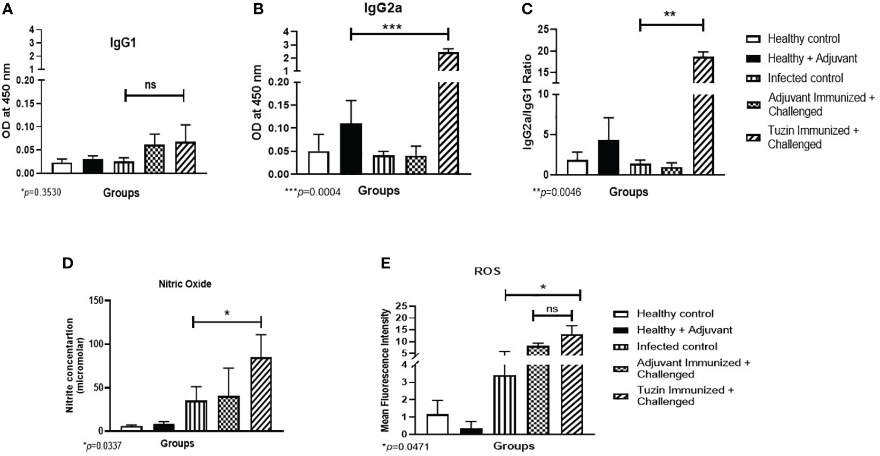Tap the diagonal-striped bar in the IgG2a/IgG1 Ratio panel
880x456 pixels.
coord(704,118)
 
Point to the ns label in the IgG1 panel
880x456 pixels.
coord(151,84)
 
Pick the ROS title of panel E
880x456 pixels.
coord(487,271)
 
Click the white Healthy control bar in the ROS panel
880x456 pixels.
coord(437,424)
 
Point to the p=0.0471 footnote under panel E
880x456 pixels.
coord(405,445)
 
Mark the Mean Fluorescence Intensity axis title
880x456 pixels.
coord(385,370)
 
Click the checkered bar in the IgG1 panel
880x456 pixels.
coord(155,159)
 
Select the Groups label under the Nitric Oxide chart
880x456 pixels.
coord(177,443)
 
